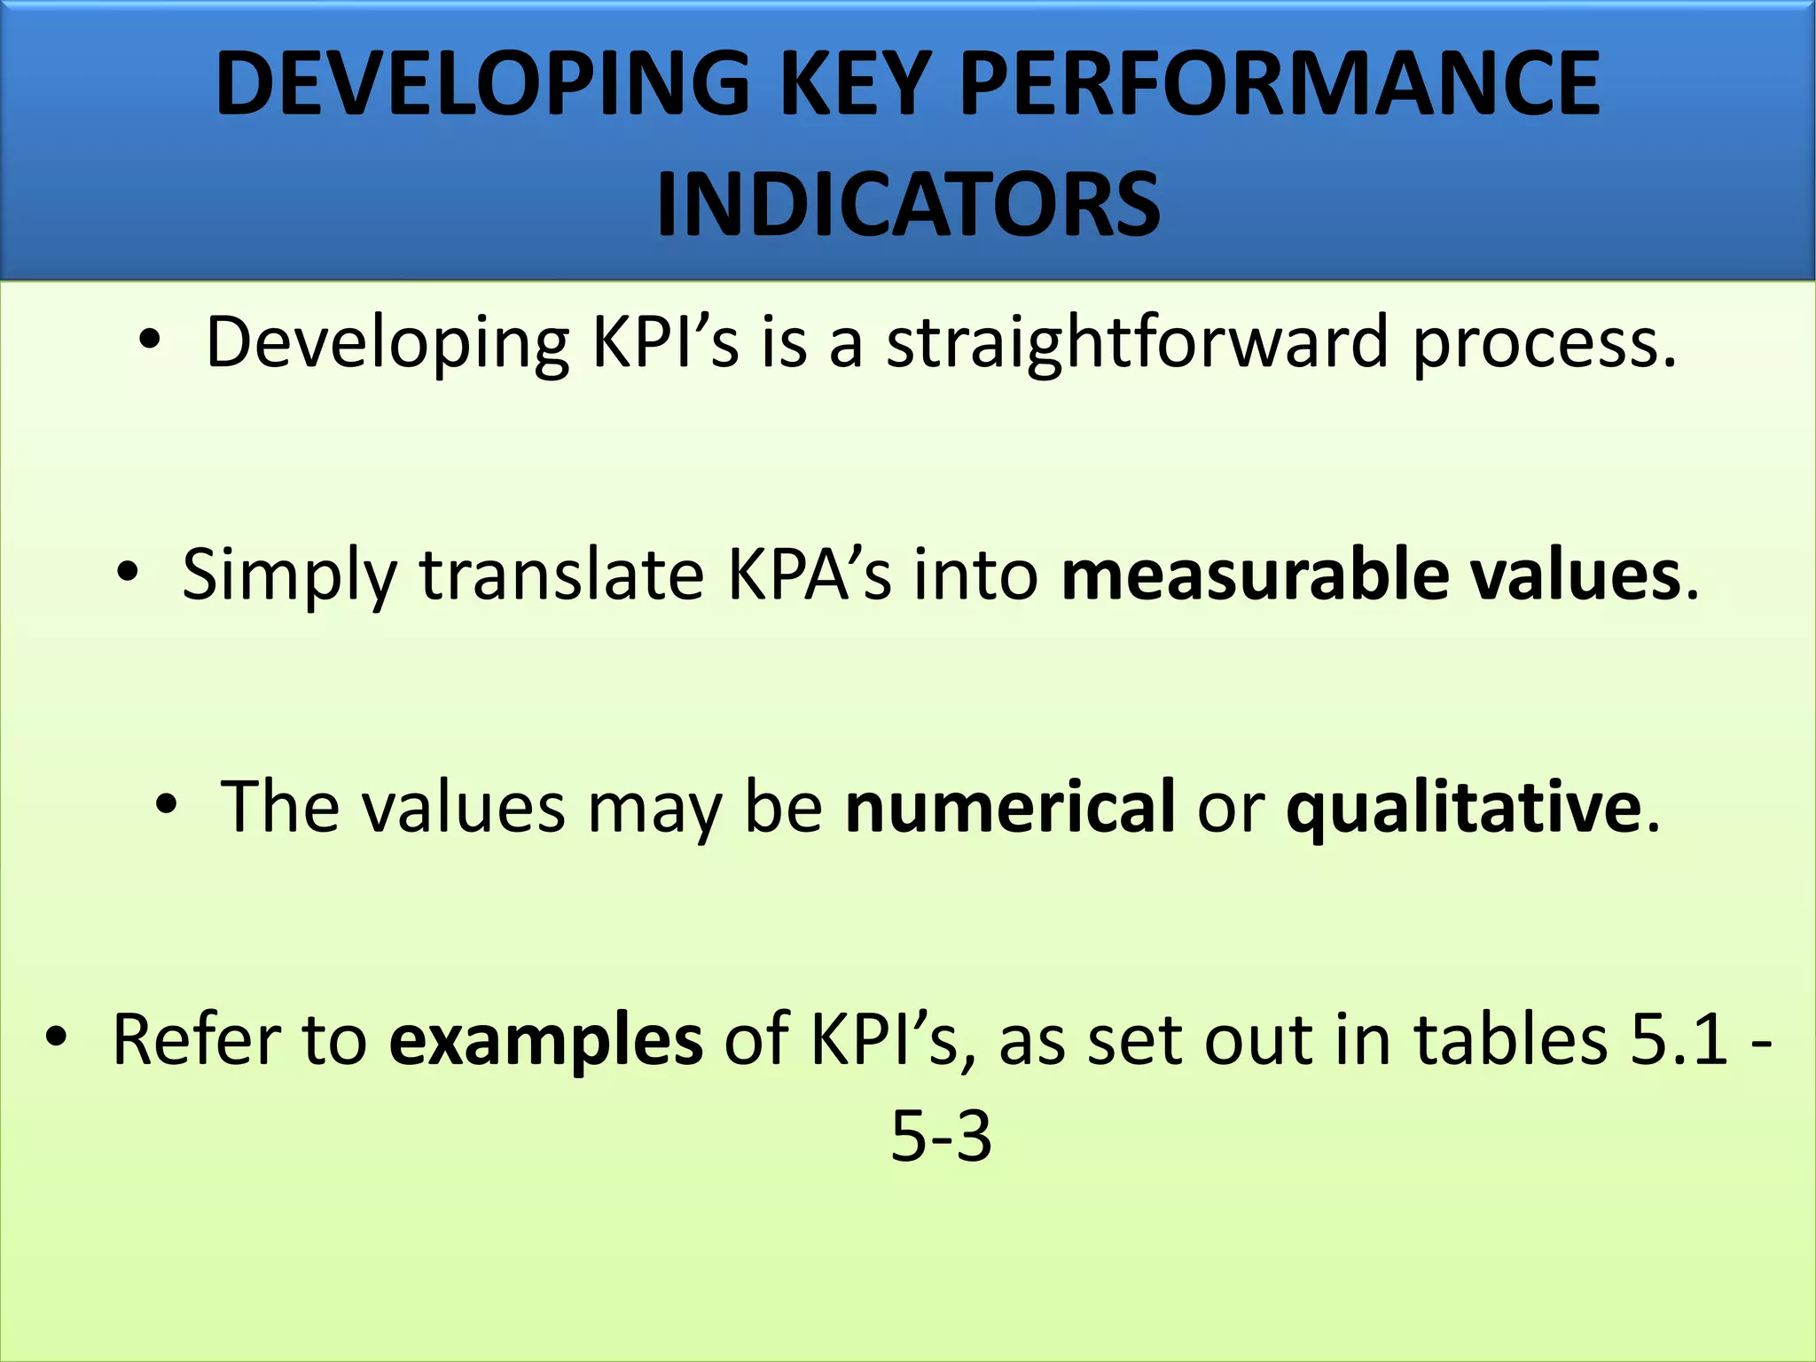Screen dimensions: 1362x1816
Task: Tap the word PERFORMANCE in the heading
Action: (1280, 84)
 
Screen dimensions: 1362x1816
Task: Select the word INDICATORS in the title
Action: (908, 206)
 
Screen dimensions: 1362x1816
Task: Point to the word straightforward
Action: (1137, 343)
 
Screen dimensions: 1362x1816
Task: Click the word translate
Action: (561, 575)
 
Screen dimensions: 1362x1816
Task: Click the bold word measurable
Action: (1254, 575)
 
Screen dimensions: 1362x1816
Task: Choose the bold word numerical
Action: (1010, 807)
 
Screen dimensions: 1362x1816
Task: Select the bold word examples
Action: (546, 1039)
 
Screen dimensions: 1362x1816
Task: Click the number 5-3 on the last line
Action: (941, 1137)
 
